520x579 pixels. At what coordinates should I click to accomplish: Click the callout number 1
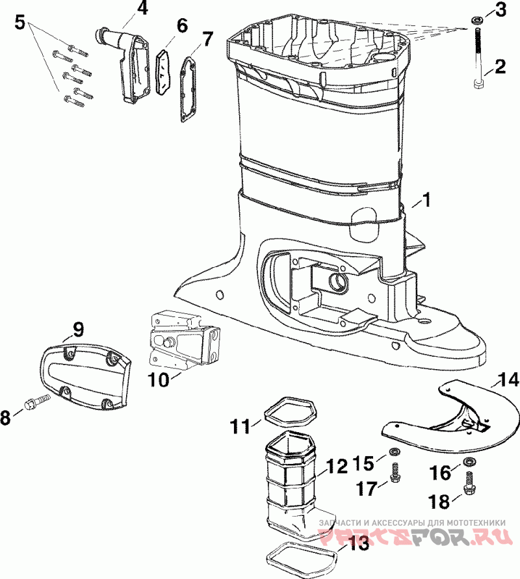pos(426,200)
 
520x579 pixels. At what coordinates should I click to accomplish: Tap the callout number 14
pos(507,380)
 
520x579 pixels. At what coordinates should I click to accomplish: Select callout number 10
pos(159,380)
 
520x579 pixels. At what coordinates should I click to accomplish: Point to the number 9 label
pos(78,329)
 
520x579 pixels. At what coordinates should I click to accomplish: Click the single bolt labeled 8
pos(36,401)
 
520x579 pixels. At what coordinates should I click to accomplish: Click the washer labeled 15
pos(393,451)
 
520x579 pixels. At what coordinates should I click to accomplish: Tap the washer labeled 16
pos(468,461)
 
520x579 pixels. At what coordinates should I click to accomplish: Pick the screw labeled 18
pos(469,483)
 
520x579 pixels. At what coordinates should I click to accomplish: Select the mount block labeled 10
pos(183,342)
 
